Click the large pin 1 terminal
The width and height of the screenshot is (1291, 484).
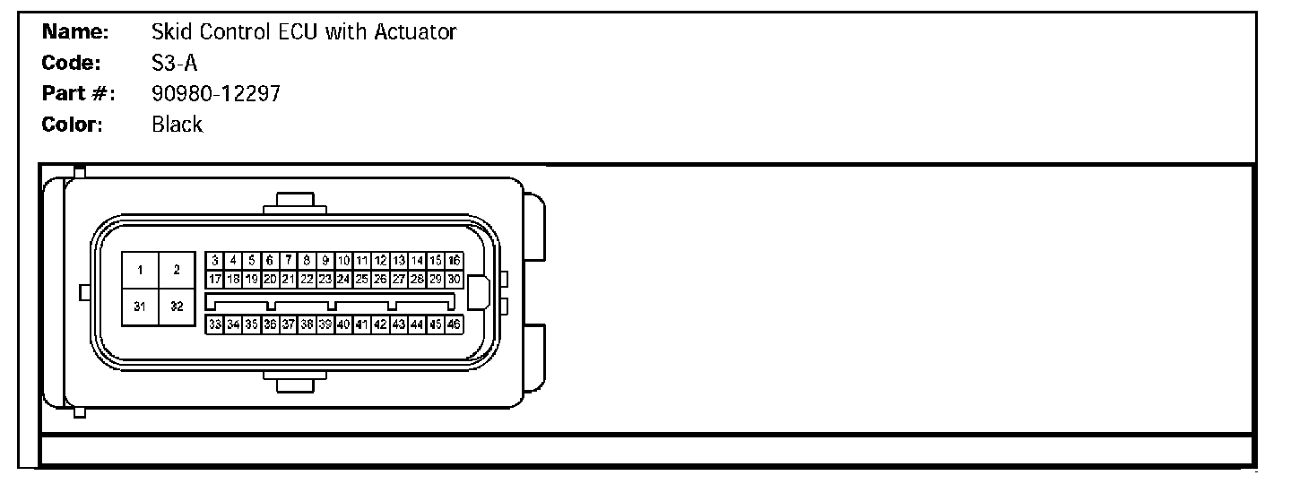coord(141,270)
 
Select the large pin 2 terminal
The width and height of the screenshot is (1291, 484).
coord(177,270)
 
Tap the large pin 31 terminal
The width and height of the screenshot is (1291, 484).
coord(141,307)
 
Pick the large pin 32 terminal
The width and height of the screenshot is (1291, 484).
coord(177,307)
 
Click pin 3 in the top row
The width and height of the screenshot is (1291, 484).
coord(215,261)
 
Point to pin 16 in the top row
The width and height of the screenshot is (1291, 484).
coord(455,261)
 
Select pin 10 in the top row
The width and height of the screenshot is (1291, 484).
coord(343,261)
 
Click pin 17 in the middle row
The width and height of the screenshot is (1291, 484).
coord(215,279)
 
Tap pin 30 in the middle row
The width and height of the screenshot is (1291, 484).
coord(455,279)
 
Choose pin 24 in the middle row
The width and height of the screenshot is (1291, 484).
coord(343,279)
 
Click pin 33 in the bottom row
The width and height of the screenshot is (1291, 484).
coord(215,324)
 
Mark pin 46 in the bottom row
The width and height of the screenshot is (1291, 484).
coord(455,324)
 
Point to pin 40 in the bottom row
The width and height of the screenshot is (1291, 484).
coord(343,324)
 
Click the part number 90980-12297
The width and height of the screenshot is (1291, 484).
coord(216,93)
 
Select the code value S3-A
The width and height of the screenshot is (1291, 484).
coord(174,64)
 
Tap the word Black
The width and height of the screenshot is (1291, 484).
coord(178,125)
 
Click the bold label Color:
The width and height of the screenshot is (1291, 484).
coord(73,125)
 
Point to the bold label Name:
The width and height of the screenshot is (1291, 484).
coord(75,33)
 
